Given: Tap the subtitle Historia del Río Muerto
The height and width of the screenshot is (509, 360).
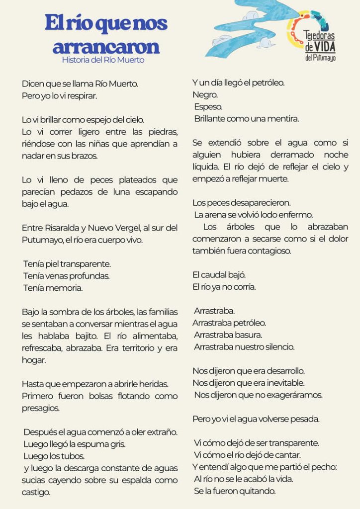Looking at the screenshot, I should tap(103, 60).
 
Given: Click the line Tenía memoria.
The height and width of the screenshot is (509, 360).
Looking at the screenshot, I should tap(53, 288).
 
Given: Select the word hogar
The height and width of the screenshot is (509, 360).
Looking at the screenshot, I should tap(34, 360).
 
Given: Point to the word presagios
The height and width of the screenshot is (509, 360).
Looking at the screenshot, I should tap(41, 408).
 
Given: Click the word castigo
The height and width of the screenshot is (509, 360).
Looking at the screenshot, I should tap(36, 493).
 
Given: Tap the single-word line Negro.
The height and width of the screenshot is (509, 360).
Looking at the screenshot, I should tap(205, 95).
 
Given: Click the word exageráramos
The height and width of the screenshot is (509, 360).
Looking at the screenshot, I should tap(296, 395).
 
